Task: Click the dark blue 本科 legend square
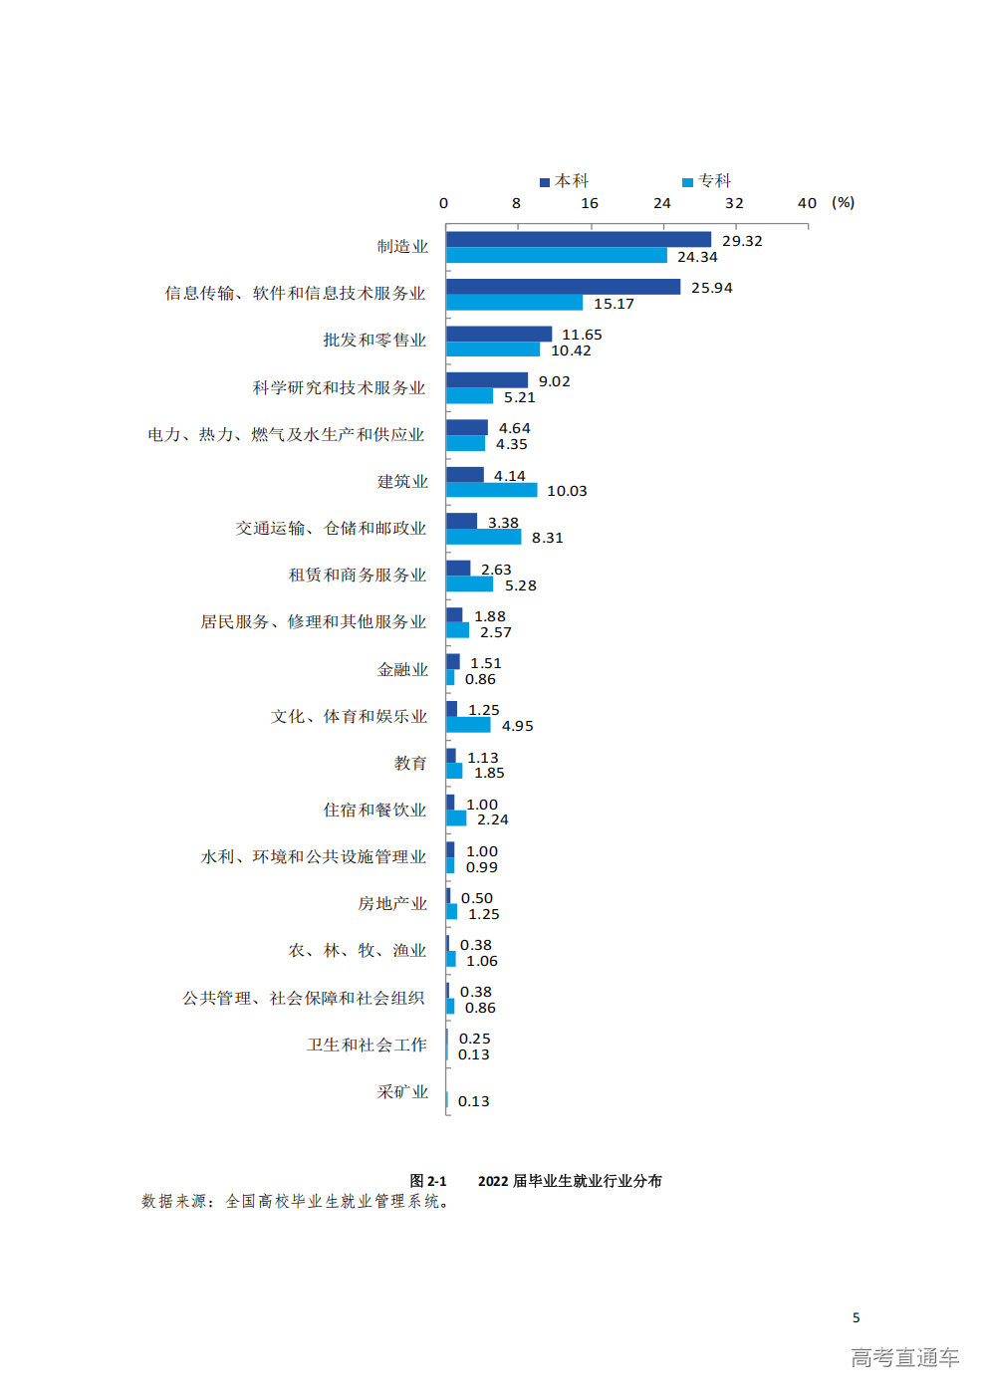(545, 182)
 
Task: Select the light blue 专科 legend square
(687, 182)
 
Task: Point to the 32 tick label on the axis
(734, 203)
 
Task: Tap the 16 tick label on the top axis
(590, 203)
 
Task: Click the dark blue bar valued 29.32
(579, 240)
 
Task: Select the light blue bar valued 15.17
(515, 303)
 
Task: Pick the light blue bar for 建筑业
(492, 490)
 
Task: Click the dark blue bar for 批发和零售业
(499, 334)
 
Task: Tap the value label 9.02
(554, 381)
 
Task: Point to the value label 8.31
(547, 538)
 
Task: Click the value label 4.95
(517, 726)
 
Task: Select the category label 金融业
(402, 670)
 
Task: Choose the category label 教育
(410, 764)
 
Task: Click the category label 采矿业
(402, 1092)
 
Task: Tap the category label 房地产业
(393, 904)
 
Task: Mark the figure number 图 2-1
(428, 1181)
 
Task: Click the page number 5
(856, 1317)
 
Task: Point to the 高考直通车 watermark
(905, 1357)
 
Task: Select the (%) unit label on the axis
(843, 203)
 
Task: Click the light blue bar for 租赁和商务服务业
(470, 583)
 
